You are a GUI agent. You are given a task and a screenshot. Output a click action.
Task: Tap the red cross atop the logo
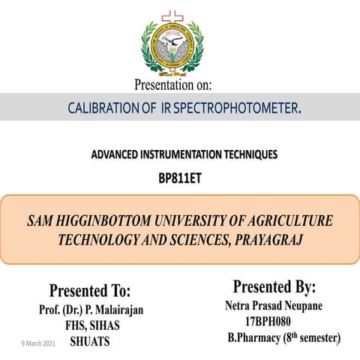coord(172,15)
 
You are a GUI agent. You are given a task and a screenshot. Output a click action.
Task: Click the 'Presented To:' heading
coord(90,290)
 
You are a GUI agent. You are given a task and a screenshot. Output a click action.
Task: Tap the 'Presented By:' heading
coord(274,287)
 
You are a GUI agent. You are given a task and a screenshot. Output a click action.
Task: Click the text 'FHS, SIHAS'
coord(91,325)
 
